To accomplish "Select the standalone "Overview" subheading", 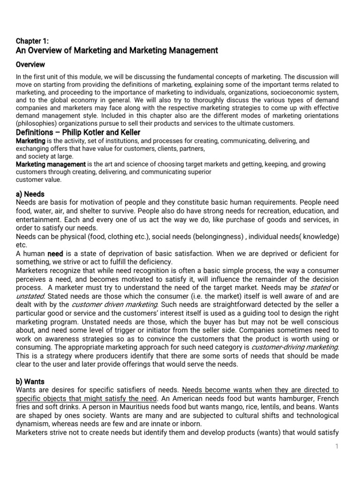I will point(30,64).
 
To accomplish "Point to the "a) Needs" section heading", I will point(30,194).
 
